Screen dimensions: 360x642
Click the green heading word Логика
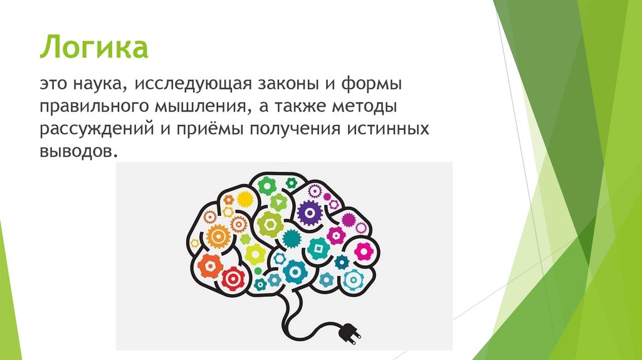(x=94, y=47)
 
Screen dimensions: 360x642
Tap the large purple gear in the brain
(x=309, y=213)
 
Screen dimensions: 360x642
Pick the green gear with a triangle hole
(x=278, y=201)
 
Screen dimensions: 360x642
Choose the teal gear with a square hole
(x=319, y=249)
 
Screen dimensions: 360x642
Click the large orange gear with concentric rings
(x=219, y=236)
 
